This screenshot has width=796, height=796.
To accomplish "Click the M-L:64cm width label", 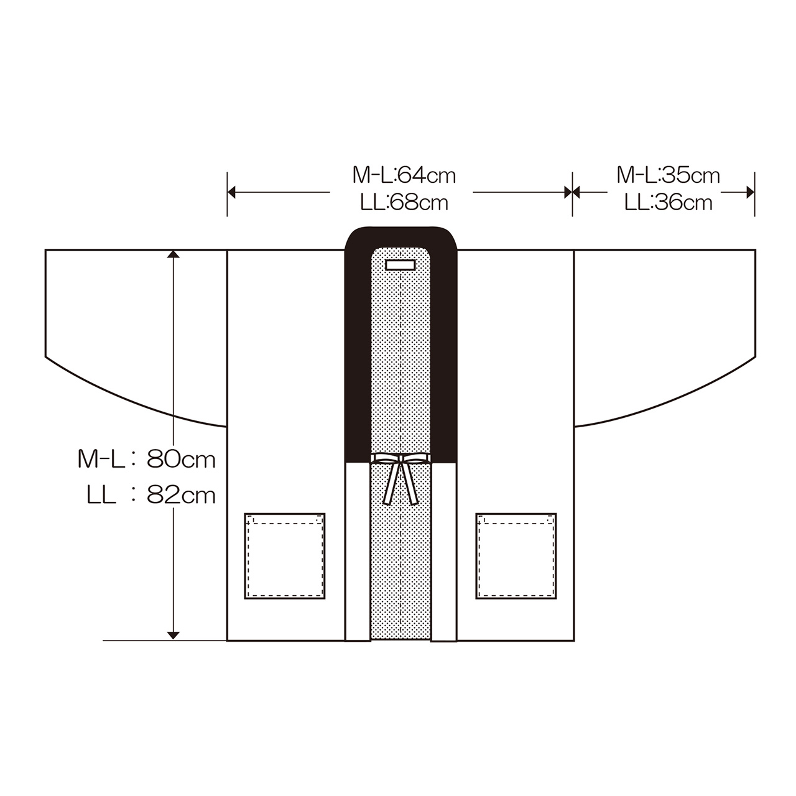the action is [x=404, y=175].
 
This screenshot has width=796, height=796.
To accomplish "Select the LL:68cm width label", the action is [x=404, y=202].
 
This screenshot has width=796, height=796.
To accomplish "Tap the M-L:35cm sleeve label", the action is [x=668, y=175].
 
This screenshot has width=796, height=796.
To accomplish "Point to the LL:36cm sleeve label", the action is [x=669, y=202].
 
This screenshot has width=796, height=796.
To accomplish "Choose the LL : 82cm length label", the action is [x=151, y=495].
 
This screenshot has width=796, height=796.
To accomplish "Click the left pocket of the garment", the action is [x=285, y=556].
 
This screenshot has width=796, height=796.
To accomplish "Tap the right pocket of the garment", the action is [x=516, y=556].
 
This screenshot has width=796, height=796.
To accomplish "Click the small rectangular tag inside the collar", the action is [x=400, y=265].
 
